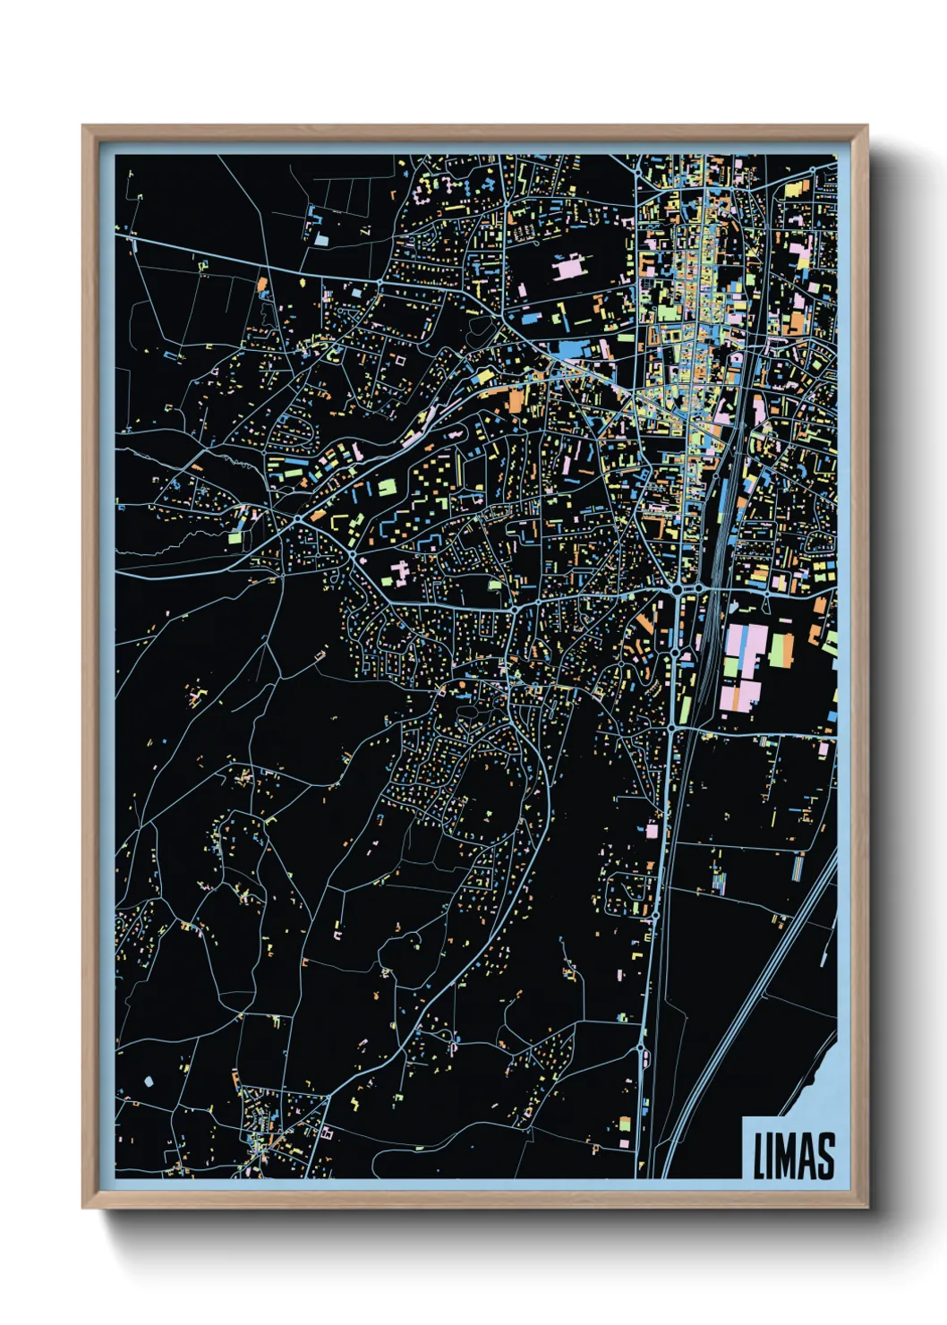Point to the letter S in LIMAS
pos(826,1156)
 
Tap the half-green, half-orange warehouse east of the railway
pos(781,649)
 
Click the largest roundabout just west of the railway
pos(678,590)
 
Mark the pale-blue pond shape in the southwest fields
pos(149,1081)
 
